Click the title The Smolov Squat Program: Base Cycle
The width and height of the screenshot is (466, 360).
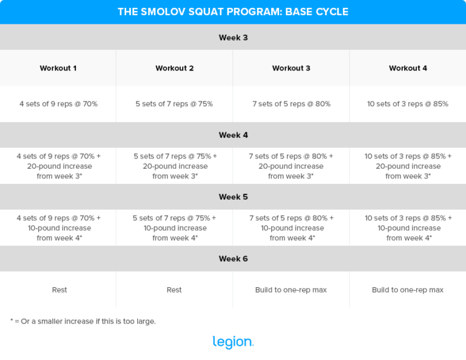(x=233, y=12)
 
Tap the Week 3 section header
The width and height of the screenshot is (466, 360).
(x=233, y=38)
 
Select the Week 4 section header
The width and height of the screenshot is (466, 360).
(x=233, y=135)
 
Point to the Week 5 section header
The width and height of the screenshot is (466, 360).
(x=233, y=197)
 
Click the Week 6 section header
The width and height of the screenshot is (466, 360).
(x=233, y=259)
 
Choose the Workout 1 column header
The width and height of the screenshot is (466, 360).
(x=58, y=68)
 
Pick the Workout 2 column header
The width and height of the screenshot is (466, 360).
(x=175, y=68)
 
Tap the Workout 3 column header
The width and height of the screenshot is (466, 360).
(x=291, y=68)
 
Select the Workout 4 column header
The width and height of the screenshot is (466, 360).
(x=408, y=68)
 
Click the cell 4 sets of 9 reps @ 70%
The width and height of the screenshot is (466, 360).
(x=58, y=104)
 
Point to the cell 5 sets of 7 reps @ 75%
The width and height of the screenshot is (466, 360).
(x=174, y=104)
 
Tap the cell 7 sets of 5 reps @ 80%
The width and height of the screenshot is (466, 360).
(x=291, y=104)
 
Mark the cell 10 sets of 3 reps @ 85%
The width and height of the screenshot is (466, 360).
(x=408, y=104)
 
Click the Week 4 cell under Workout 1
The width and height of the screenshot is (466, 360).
(x=58, y=166)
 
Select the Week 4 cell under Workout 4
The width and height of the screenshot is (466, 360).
(x=408, y=166)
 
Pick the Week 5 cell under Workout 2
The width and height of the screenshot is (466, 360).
(x=175, y=228)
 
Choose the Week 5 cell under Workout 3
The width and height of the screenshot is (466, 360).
(x=291, y=228)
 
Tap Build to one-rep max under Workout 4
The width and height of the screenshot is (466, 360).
(x=408, y=290)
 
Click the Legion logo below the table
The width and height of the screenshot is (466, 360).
(x=233, y=342)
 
